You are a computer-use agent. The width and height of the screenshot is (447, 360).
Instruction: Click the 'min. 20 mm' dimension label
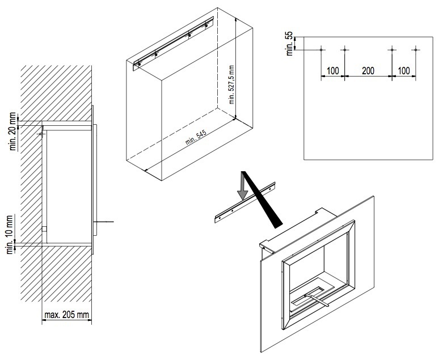pyautogui.click(x=13, y=132)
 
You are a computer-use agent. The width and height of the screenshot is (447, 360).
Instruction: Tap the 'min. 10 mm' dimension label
pyautogui.click(x=10, y=235)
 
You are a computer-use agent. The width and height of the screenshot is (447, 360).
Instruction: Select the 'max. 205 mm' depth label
pyautogui.click(x=67, y=315)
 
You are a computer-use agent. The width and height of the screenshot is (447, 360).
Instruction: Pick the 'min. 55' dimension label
pyautogui.click(x=290, y=44)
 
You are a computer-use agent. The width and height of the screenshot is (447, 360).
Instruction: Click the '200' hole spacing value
pyautogui.click(x=368, y=70)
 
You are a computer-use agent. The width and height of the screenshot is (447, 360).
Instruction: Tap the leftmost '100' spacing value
pyautogui.click(x=332, y=70)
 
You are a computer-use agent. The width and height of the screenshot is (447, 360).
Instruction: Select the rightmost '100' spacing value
pyautogui.click(x=404, y=70)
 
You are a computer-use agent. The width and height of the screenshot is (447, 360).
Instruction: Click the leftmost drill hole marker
pyautogui.click(x=321, y=50)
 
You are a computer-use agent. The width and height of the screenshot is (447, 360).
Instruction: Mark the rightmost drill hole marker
pyautogui.click(x=416, y=50)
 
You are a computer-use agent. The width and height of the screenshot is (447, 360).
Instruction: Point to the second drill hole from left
pyautogui.click(x=345, y=50)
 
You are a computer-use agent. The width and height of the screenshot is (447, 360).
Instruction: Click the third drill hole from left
pyautogui.click(x=392, y=50)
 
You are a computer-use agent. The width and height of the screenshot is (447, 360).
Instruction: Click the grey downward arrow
pyautogui.click(x=243, y=185)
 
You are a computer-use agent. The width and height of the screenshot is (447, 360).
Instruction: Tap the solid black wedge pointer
pyautogui.click(x=262, y=200)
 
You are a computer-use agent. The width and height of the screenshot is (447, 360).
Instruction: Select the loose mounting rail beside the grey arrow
pyautogui.click(x=244, y=202)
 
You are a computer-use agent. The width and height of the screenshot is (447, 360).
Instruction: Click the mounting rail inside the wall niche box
pyautogui.click(x=174, y=44)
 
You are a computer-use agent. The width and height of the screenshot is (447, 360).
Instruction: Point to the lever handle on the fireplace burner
pyautogui.click(x=317, y=301)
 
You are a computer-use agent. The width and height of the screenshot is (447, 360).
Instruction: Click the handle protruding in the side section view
pyautogui.click(x=105, y=222)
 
